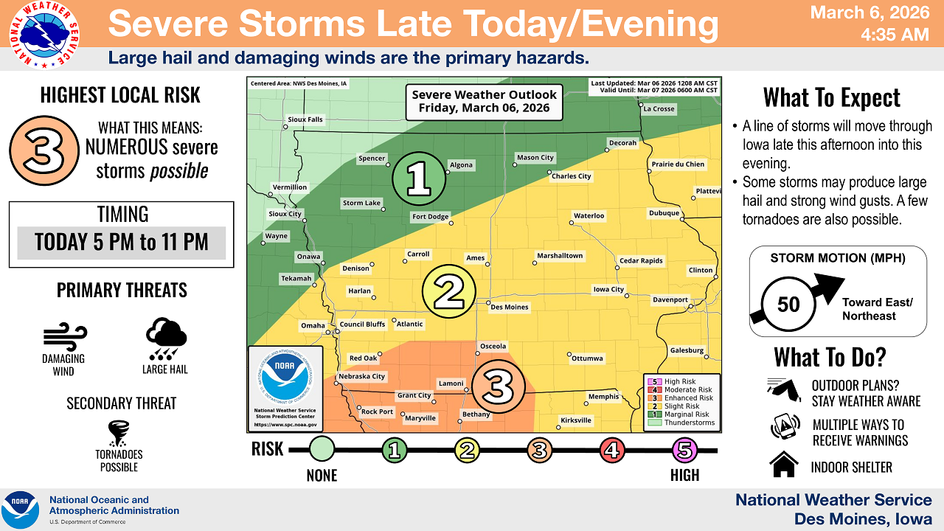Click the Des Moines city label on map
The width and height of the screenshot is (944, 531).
[510, 307]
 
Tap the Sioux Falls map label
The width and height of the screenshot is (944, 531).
[305, 119]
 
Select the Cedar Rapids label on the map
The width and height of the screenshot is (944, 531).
[641, 260]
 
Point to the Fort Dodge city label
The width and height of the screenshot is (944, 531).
[430, 217]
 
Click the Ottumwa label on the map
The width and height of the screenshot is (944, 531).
[588, 358]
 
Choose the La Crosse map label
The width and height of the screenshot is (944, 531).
[659, 109]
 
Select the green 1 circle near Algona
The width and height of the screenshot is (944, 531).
[419, 179]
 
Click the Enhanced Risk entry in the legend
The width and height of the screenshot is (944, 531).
[688, 398]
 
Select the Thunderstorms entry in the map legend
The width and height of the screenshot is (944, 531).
[688, 423]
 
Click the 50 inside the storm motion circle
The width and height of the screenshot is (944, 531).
[788, 304]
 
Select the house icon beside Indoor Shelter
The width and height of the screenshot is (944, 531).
[783, 466]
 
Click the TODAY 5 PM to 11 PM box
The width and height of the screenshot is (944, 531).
[122, 243]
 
